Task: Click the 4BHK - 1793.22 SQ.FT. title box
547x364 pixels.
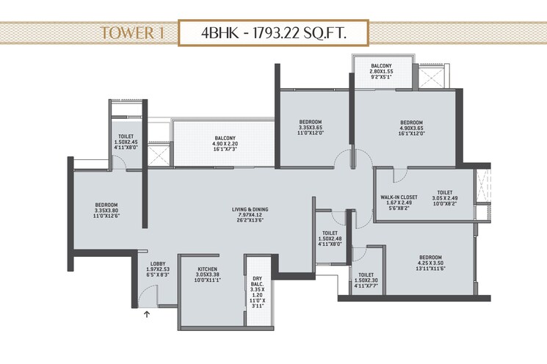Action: click(274, 33)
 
